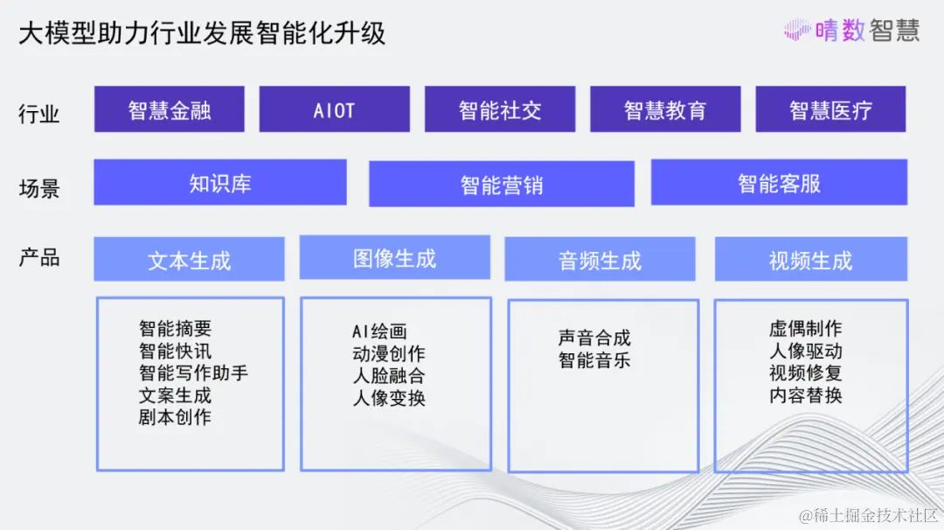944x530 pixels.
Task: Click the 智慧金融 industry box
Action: pyautogui.click(x=170, y=109)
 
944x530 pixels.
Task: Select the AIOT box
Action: pyautogui.click(x=335, y=109)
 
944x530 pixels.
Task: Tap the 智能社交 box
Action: pyautogui.click(x=500, y=109)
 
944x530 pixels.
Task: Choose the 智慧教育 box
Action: pyautogui.click(x=665, y=109)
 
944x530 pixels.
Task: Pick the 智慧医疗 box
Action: pyautogui.click(x=831, y=109)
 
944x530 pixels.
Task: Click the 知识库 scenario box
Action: pyautogui.click(x=220, y=182)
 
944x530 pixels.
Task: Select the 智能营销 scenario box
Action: pyautogui.click(x=502, y=184)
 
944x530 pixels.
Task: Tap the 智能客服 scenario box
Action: pyautogui.click(x=779, y=182)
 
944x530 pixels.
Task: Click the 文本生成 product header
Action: pyautogui.click(x=189, y=259)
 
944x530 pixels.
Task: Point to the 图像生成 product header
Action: pyautogui.click(x=395, y=257)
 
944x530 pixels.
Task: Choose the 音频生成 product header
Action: pyautogui.click(x=600, y=259)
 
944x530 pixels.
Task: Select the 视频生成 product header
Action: pyautogui.click(x=811, y=259)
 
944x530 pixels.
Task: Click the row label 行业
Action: pyautogui.click(x=39, y=113)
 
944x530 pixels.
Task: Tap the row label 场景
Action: pyautogui.click(x=39, y=189)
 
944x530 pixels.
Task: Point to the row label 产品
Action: pyautogui.click(x=39, y=257)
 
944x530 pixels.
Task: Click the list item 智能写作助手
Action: pyautogui.click(x=193, y=373)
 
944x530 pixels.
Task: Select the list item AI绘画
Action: pyautogui.click(x=379, y=331)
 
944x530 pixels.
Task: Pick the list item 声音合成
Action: pyautogui.click(x=594, y=338)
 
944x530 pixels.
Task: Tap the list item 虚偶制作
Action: pyautogui.click(x=806, y=328)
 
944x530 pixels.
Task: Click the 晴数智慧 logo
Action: pyautogui.click(x=851, y=30)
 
